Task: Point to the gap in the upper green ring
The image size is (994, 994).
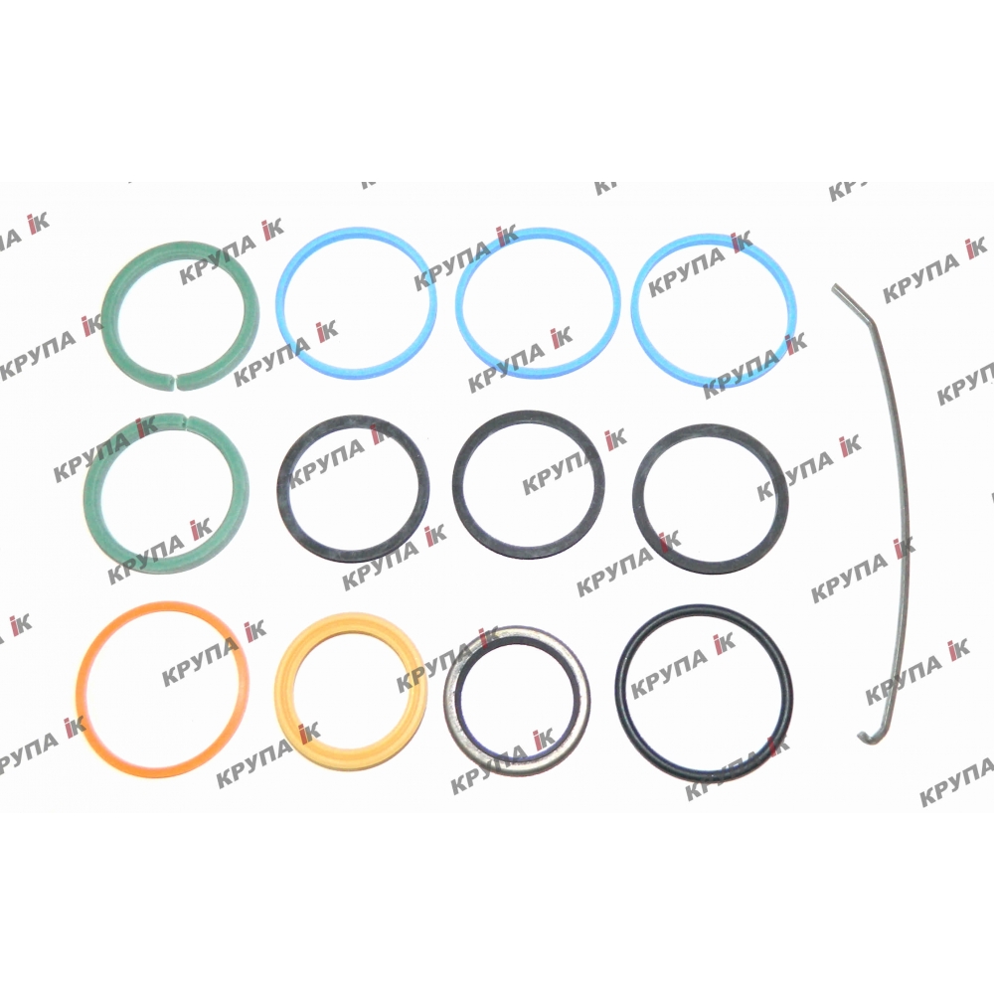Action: pyautogui.click(x=174, y=380)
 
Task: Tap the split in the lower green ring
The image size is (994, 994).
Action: pyautogui.click(x=187, y=419)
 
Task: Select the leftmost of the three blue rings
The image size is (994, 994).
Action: pyautogui.click(x=282, y=304)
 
